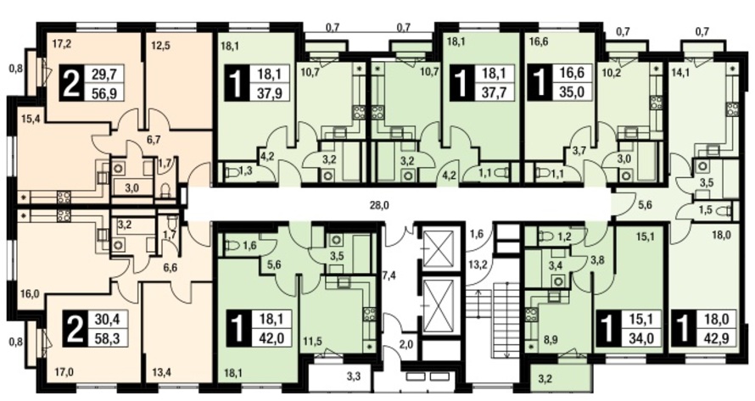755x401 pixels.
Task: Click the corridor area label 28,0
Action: [x=379, y=205]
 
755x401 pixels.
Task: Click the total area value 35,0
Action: [x=572, y=92]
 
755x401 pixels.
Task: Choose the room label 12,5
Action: [x=159, y=47]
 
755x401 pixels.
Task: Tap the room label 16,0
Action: [x=30, y=293]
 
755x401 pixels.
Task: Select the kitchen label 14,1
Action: [x=679, y=74]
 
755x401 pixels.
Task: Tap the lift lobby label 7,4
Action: [x=389, y=275]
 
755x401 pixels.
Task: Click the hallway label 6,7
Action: [x=154, y=140]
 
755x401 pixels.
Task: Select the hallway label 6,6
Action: [x=170, y=268]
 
